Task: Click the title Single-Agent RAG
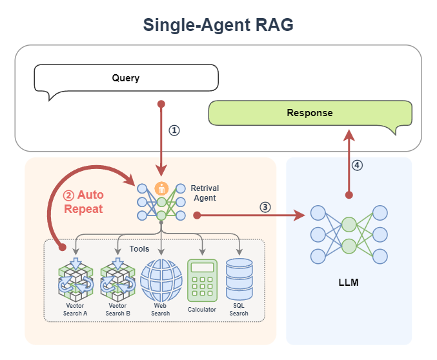218,25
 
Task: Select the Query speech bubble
125,79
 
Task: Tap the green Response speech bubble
309,113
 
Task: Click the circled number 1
174,130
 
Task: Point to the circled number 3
265,207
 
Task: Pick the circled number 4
357,165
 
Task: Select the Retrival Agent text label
205,194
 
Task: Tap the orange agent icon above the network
161,188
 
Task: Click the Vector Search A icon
76,281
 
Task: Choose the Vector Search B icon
118,281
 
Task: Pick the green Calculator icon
202,280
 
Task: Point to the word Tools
139,249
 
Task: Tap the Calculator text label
202,310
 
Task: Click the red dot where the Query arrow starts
161,103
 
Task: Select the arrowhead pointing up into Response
349,134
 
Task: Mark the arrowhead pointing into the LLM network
301,215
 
